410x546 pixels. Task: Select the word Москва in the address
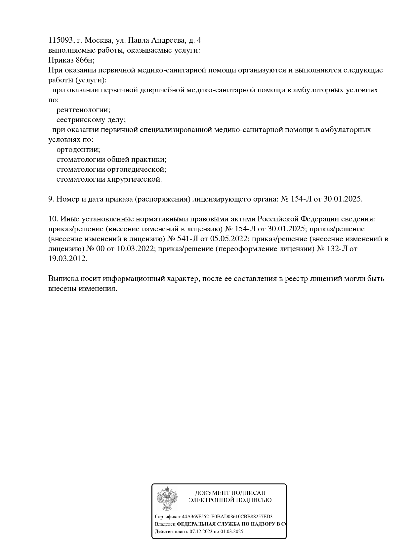(99, 40)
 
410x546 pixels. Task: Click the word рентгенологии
(83, 110)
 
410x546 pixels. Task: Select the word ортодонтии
(78, 150)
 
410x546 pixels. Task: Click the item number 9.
(51, 199)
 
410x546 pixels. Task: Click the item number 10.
(53, 219)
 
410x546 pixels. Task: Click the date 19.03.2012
(67, 259)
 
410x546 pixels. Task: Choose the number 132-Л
(338, 249)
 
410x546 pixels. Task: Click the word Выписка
(63, 279)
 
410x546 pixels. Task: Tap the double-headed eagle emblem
(167, 499)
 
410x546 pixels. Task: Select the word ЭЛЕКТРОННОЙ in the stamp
(211, 500)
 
